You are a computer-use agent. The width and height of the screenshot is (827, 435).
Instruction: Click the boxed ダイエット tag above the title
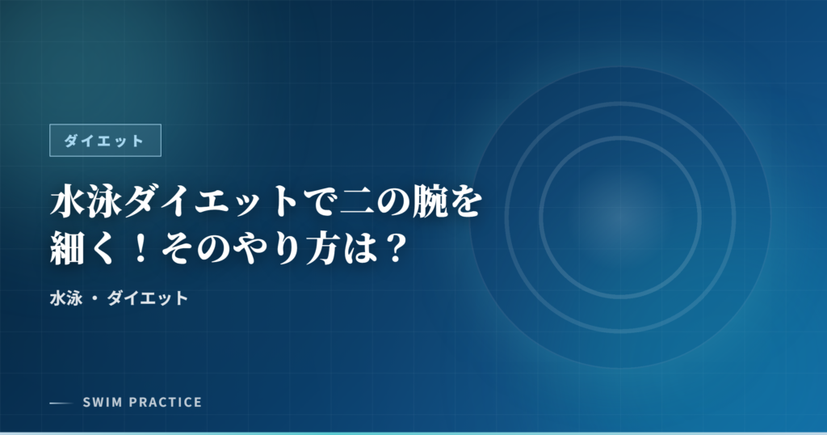[105, 141]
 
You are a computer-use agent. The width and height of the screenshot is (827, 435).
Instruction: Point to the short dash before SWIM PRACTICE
[61, 403]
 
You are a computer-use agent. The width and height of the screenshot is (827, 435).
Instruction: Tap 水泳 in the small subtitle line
[65, 298]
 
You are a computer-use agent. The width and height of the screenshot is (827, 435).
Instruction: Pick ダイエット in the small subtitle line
[148, 298]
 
